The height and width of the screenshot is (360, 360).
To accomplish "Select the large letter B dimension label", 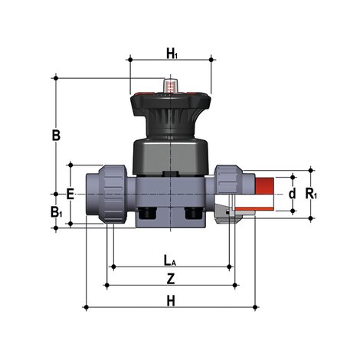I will (x=56, y=136).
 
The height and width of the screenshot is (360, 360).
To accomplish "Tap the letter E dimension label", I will (x=70, y=195).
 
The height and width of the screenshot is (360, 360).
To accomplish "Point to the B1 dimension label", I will (x=56, y=212).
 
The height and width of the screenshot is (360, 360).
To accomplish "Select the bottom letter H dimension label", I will (x=172, y=300).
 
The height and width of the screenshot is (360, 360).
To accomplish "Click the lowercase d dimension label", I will (x=292, y=194).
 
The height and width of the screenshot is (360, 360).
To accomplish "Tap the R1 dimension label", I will (x=310, y=194).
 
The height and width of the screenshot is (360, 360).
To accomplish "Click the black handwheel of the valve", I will (x=171, y=103).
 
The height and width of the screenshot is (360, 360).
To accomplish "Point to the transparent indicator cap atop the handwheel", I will (x=171, y=80).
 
